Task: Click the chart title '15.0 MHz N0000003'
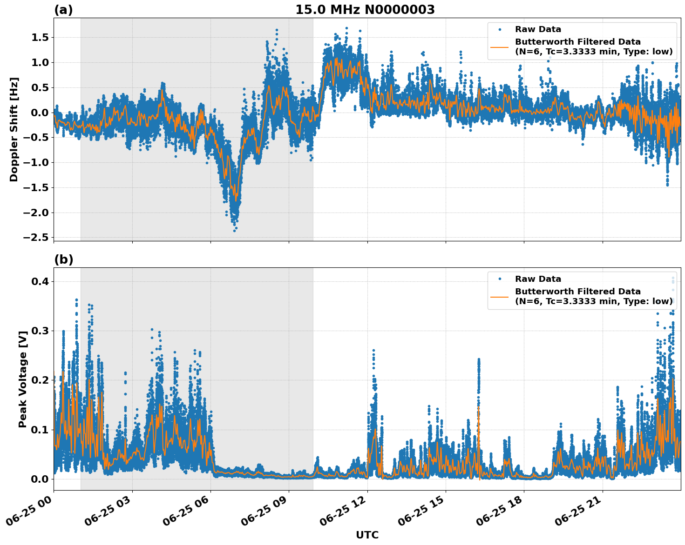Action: click(x=365, y=10)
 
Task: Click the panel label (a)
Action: click(x=63, y=10)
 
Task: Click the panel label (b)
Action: click(x=63, y=259)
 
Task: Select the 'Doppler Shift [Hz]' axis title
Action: click(x=14, y=129)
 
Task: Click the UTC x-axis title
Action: click(x=367, y=535)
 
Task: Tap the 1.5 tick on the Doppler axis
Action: click(x=39, y=37)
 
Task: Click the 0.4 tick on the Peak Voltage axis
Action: click(x=39, y=281)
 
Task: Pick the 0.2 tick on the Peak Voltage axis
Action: click(x=39, y=380)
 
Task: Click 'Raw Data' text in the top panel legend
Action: click(x=538, y=29)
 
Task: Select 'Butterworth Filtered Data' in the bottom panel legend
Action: click(x=577, y=292)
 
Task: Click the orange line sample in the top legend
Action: click(x=499, y=47)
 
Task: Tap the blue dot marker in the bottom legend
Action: click(x=499, y=279)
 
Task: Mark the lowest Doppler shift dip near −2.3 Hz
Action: click(x=235, y=230)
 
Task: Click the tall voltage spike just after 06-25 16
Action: click(x=478, y=360)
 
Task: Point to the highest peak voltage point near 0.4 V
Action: click(x=672, y=278)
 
